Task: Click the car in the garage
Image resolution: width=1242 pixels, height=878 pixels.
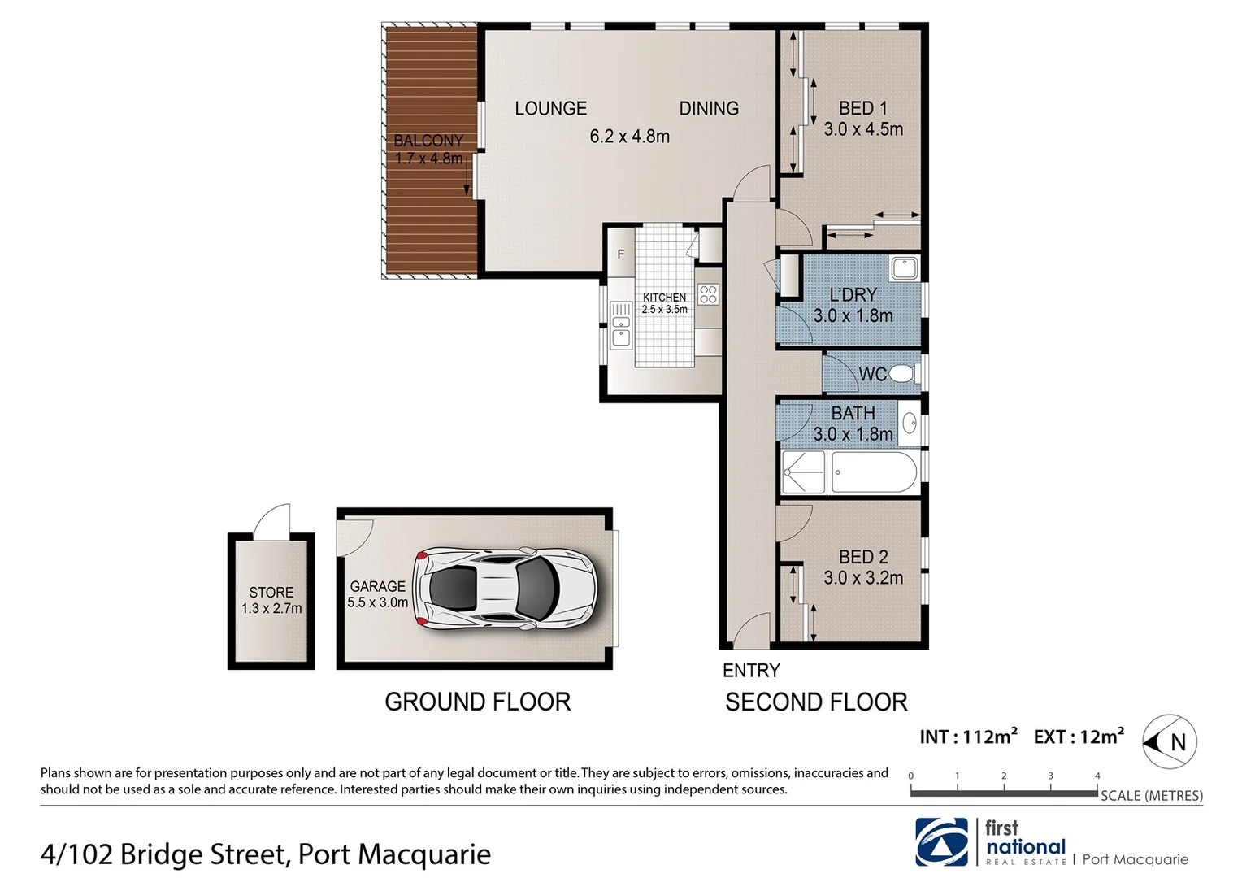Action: tap(504, 589)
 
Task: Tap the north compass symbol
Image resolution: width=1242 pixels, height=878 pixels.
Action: tap(1170, 741)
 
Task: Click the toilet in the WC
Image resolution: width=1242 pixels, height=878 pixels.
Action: tap(902, 374)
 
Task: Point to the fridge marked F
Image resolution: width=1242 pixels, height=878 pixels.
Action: tap(621, 254)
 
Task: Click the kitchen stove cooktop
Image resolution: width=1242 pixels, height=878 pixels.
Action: tap(708, 293)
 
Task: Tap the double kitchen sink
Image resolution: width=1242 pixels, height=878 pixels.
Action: tap(621, 324)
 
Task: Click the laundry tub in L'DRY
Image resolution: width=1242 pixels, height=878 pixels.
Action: tap(904, 267)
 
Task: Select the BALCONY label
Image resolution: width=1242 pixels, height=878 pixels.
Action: tap(428, 141)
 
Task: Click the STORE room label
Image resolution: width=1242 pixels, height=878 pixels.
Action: tap(271, 593)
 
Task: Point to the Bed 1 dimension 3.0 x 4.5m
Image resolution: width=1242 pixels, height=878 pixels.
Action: tap(862, 129)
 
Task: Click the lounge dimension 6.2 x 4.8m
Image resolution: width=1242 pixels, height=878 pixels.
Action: tap(630, 137)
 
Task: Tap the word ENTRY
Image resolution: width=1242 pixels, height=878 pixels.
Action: tap(751, 671)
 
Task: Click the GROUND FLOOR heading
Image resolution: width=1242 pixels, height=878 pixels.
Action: tap(478, 702)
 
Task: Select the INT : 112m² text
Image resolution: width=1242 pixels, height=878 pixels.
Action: tap(968, 737)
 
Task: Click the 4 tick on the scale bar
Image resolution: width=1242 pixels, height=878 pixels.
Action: tap(1097, 776)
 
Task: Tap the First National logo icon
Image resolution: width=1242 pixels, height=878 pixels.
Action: tap(942, 842)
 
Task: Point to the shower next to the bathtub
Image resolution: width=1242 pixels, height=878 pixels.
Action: tap(803, 472)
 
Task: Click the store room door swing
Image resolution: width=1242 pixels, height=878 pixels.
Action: tap(272, 522)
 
